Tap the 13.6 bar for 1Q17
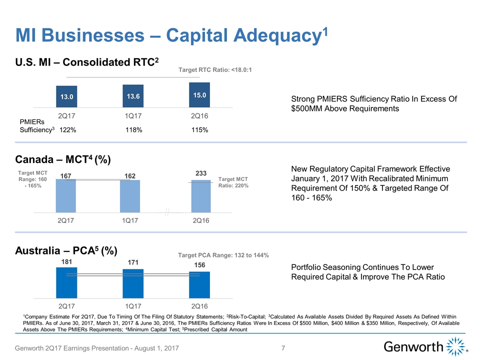pos(133,96)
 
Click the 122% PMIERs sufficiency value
pos(67,130)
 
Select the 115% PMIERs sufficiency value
pos(200,130)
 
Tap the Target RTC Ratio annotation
pos(214,69)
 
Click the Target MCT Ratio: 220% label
pos(234,182)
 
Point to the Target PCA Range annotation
pos(223,255)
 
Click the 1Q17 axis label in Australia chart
pos(133,305)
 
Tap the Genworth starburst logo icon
pos(455,346)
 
